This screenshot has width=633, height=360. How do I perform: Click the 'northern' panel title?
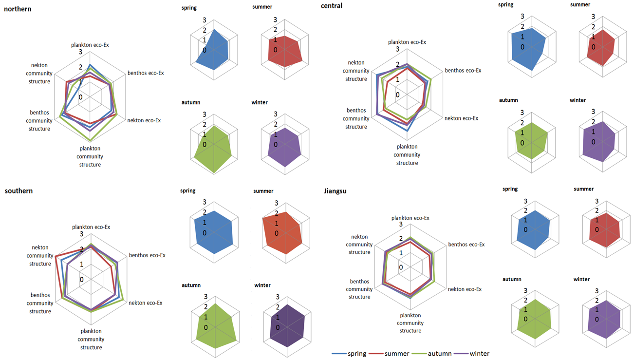(x=18, y=9)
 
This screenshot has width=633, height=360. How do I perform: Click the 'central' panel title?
(x=332, y=6)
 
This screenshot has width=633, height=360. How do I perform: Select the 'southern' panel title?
(x=19, y=190)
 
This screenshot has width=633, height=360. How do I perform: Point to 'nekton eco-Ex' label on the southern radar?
(x=145, y=303)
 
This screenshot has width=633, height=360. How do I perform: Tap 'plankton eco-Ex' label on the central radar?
(x=407, y=42)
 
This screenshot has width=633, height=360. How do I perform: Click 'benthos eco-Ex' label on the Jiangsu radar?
(x=466, y=245)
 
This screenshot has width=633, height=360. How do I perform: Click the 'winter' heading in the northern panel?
(x=260, y=102)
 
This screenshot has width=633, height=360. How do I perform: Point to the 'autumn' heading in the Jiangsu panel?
(x=512, y=280)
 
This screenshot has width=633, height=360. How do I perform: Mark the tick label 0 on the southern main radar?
(x=81, y=280)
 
